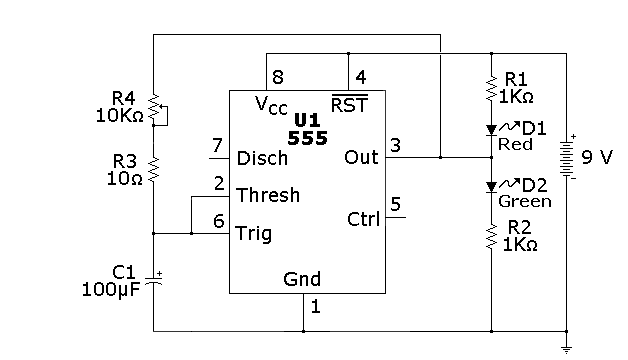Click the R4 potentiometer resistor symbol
[154, 107]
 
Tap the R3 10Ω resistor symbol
[154, 170]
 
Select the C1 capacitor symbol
[154, 280]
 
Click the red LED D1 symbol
[492, 130]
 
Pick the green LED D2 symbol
[492, 187]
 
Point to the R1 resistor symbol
[492, 88]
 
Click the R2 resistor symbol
[492, 237]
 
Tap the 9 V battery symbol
[567, 158]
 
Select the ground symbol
[567, 350]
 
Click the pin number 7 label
[217, 145]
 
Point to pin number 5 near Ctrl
[395, 204]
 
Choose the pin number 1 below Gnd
[316, 307]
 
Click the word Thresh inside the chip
[268, 195]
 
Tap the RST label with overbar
[349, 104]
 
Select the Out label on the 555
[361, 157]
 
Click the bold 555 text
[308, 138]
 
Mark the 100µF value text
[111, 290]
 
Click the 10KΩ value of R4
[119, 116]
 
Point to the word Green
[525, 201]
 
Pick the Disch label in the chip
[262, 159]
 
